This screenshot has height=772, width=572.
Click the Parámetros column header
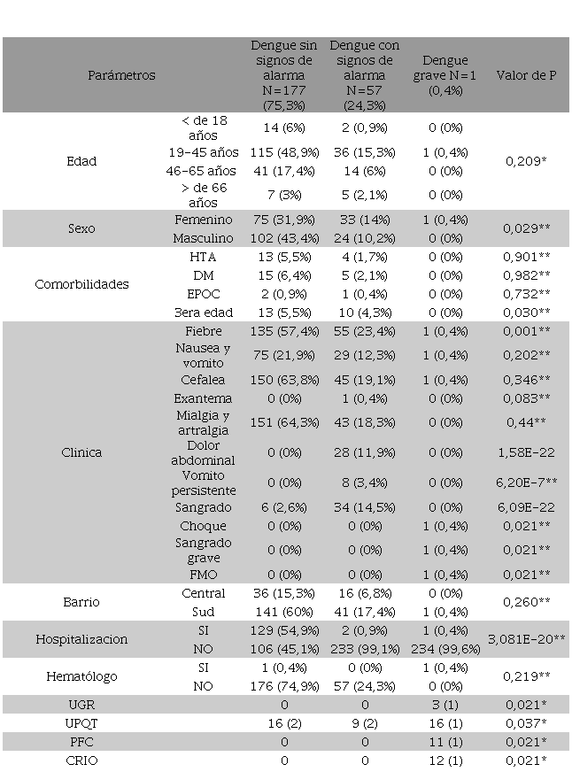pyautogui.click(x=121, y=75)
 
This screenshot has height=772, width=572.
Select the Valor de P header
pyautogui.click(x=526, y=75)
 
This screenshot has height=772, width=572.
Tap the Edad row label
pyautogui.click(x=81, y=161)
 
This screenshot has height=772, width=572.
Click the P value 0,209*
pyautogui.click(x=525, y=161)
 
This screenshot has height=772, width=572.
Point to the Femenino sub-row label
pyautogui.click(x=204, y=219)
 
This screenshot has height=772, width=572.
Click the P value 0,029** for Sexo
pyautogui.click(x=525, y=228)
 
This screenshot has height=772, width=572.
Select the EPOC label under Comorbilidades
pyautogui.click(x=204, y=294)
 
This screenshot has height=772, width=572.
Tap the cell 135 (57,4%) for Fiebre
pyautogui.click(x=283, y=330)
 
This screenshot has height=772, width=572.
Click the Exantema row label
pyautogui.click(x=204, y=398)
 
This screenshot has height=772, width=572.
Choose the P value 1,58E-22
pyautogui.click(x=526, y=452)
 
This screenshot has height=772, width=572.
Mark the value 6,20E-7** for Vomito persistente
pyautogui.click(x=526, y=482)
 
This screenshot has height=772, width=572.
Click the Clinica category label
pyautogui.click(x=81, y=452)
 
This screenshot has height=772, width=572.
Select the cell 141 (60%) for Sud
pyautogui.click(x=283, y=611)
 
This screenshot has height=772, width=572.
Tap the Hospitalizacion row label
pyautogui.click(x=81, y=639)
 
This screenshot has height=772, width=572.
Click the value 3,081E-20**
pyautogui.click(x=526, y=639)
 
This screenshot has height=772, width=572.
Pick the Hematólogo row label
pyautogui.click(x=81, y=676)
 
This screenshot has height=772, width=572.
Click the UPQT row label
pyautogui.click(x=81, y=723)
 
